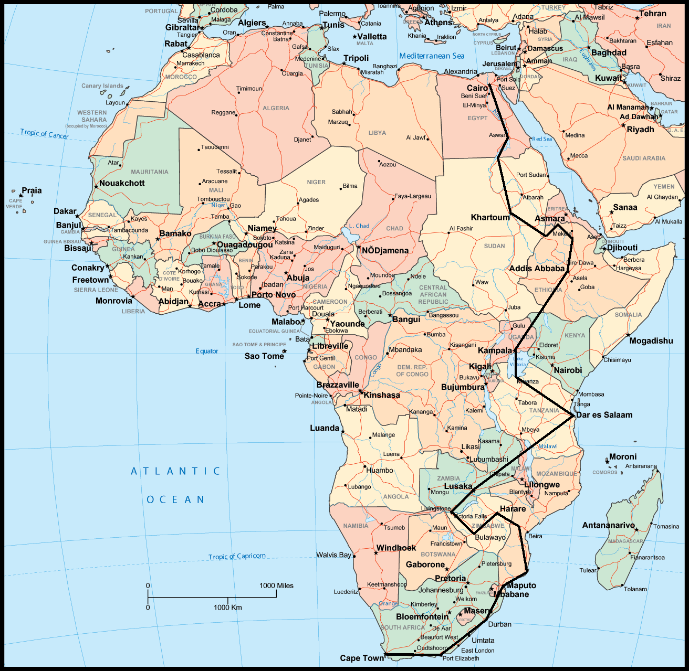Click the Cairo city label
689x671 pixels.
point(477,88)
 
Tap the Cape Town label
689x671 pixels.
point(362,658)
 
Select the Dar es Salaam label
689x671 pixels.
point(604,415)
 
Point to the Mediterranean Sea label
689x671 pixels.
point(432,56)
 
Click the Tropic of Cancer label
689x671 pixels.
point(44,134)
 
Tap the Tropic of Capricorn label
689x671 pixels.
point(237,556)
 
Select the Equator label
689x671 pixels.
point(207,351)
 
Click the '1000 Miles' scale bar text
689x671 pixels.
point(276,586)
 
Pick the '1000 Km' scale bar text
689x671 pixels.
point(228,608)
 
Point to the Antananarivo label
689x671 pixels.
point(608,525)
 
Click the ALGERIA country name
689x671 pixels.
point(276,108)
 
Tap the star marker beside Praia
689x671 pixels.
point(21,196)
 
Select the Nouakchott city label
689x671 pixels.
point(122,183)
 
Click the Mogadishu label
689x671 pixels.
point(651,341)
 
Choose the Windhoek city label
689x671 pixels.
point(396,548)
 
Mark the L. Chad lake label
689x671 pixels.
point(359,226)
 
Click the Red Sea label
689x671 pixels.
point(542,139)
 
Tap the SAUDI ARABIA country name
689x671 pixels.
point(644,158)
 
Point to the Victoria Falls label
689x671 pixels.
point(470,516)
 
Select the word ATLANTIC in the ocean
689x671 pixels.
point(175,471)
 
